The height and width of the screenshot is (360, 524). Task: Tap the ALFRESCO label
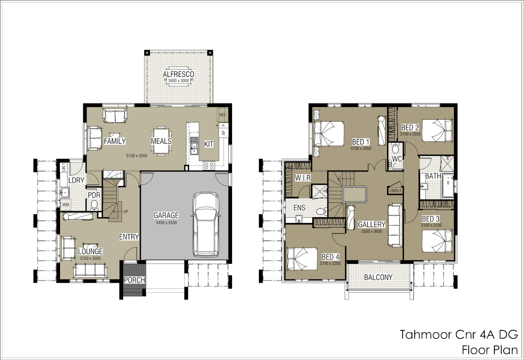[178, 74]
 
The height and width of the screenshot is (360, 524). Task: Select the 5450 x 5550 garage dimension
[166, 223]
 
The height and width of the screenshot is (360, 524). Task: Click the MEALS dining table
[161, 141]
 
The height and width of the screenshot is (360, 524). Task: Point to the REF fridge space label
[222, 115]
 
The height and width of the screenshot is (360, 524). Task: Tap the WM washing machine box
[66, 205]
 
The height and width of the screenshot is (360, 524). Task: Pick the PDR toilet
[94, 205]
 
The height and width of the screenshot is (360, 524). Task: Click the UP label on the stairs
[126, 212]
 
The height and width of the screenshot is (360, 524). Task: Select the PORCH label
[134, 280]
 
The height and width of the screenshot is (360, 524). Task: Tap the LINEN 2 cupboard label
[395, 191]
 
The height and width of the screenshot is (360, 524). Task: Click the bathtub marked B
[448, 185]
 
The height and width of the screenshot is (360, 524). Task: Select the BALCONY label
[378, 277]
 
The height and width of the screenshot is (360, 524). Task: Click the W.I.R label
[303, 178]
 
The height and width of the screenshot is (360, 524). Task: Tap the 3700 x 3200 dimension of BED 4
[330, 263]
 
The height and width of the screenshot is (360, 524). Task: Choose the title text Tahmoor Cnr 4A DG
[459, 334]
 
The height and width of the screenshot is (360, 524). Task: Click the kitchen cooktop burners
[209, 165]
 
